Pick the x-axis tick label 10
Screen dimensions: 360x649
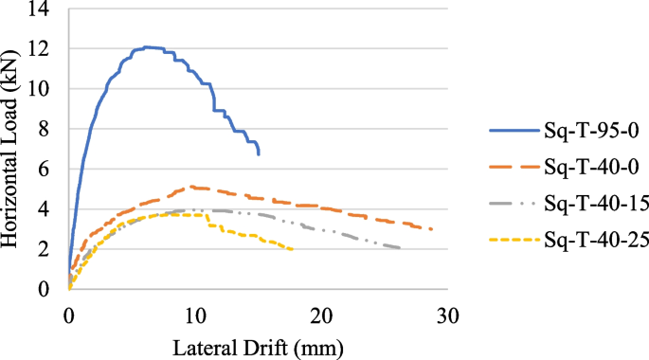click(x=195, y=315)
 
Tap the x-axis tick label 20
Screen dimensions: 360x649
click(x=322, y=315)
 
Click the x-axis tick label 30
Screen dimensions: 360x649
click(x=449, y=315)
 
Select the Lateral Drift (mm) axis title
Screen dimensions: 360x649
click(x=258, y=347)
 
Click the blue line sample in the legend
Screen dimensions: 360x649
click(x=512, y=131)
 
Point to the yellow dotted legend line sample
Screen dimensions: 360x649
click(x=512, y=241)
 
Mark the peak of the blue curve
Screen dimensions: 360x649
click(x=147, y=47)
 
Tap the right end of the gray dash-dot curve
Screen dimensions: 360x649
click(x=401, y=248)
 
